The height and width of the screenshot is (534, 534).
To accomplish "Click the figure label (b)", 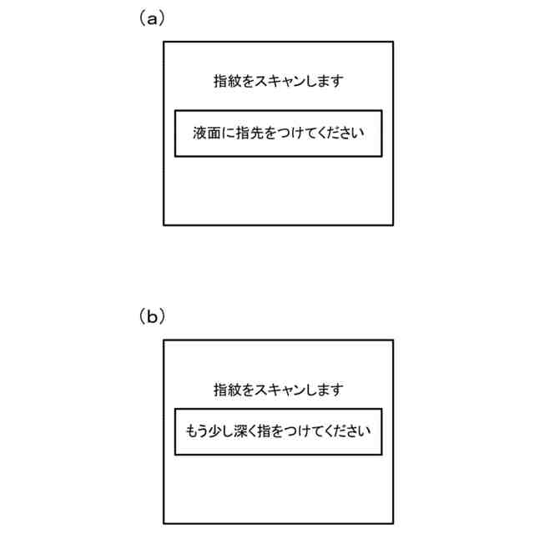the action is tap(151, 317).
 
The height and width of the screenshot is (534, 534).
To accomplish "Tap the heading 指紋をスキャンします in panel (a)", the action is tap(278, 82).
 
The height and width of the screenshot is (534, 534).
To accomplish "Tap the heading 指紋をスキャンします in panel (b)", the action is tap(278, 390).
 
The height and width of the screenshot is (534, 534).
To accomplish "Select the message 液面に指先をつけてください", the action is tap(278, 133).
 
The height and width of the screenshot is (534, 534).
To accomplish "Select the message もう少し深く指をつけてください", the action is tap(278, 432).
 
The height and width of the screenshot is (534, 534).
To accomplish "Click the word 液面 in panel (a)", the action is tap(205, 133).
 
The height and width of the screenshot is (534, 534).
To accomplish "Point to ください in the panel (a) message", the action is tap(339, 133).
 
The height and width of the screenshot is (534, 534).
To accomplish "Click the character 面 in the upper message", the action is tap(212, 133).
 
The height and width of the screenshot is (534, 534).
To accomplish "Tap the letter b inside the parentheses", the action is tap(151, 317).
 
